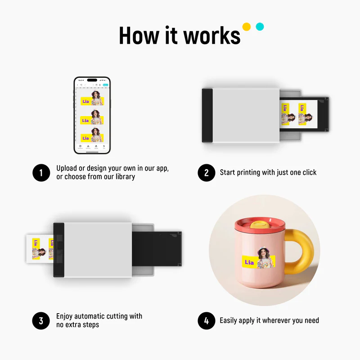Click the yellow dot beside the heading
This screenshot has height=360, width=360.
pyautogui.click(x=246, y=27)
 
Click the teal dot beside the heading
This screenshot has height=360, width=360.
pyautogui.click(x=260, y=27)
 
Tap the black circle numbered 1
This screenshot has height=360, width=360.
pyautogui.click(x=41, y=173)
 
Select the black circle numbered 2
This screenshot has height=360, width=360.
pyautogui.click(x=207, y=173)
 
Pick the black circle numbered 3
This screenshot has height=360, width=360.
pyautogui.click(x=41, y=321)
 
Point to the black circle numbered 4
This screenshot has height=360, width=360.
pyautogui.click(x=207, y=321)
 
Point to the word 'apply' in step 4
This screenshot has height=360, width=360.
pyautogui.click(x=252, y=321)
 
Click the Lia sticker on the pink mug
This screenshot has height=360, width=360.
pyautogui.click(x=259, y=260)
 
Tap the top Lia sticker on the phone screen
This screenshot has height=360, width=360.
pyautogui.click(x=92, y=99)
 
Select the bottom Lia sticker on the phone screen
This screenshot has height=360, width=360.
pyautogui.click(x=92, y=136)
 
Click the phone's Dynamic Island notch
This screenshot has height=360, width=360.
pyautogui.click(x=92, y=81)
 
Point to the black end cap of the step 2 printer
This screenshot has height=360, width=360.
pyautogui.click(x=207, y=116)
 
